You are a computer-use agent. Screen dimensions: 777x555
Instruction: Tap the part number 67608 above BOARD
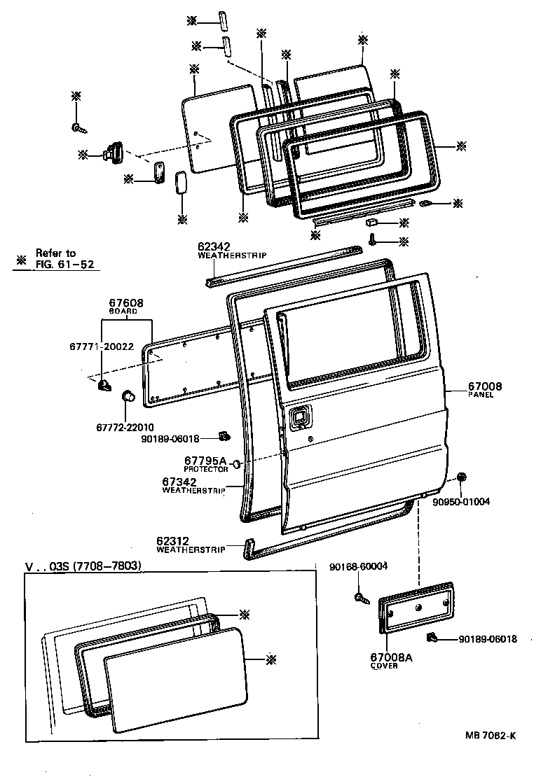click(126, 303)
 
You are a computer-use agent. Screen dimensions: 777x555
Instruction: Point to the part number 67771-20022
click(102, 346)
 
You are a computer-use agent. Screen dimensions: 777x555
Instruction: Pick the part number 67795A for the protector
click(206, 461)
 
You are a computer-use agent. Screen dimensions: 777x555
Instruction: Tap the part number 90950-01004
click(460, 501)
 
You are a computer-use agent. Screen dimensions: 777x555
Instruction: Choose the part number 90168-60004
click(358, 566)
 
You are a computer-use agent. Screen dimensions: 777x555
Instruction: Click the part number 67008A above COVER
click(391, 657)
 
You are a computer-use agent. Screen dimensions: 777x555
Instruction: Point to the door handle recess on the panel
click(298, 416)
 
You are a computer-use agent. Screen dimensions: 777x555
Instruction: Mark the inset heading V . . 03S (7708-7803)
click(83, 566)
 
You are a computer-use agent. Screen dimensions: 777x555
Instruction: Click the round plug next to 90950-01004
click(462, 477)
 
